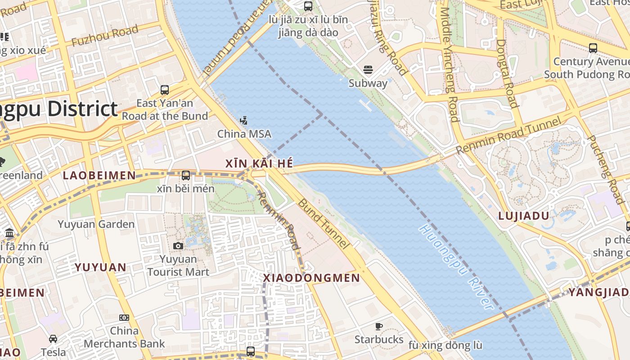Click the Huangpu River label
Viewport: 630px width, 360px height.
pyautogui.click(x=456, y=267)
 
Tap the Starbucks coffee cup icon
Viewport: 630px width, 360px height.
pyautogui.click(x=379, y=326)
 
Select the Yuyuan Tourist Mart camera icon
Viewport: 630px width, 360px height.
pyautogui.click(x=178, y=246)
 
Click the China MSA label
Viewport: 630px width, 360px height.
pyautogui.click(x=244, y=134)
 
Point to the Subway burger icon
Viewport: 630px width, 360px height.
pyautogui.click(x=368, y=70)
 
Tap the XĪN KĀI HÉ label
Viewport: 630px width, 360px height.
pyautogui.click(x=259, y=163)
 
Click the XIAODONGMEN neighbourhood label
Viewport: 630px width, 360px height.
pyautogui.click(x=311, y=278)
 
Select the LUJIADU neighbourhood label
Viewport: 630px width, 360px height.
pyautogui.click(x=524, y=216)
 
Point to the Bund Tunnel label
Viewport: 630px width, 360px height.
pyautogui.click(x=323, y=224)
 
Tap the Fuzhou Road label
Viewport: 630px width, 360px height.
pyautogui.click(x=105, y=36)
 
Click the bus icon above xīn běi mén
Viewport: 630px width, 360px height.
pyautogui.click(x=185, y=175)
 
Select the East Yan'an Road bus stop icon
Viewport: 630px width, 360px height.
pyautogui.click(x=165, y=90)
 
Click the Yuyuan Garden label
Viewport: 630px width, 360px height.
pyautogui.click(x=96, y=224)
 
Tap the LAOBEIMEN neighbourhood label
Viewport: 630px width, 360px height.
pyautogui.click(x=99, y=175)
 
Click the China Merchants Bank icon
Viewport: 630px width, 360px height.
pyautogui.click(x=124, y=318)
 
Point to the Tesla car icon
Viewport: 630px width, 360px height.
pyautogui.click(x=53, y=338)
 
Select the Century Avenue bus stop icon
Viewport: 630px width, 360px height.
pyautogui.click(x=593, y=48)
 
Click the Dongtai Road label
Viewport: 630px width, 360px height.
pyautogui.click(x=507, y=73)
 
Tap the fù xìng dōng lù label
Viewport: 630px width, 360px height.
pyautogui.click(x=445, y=346)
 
